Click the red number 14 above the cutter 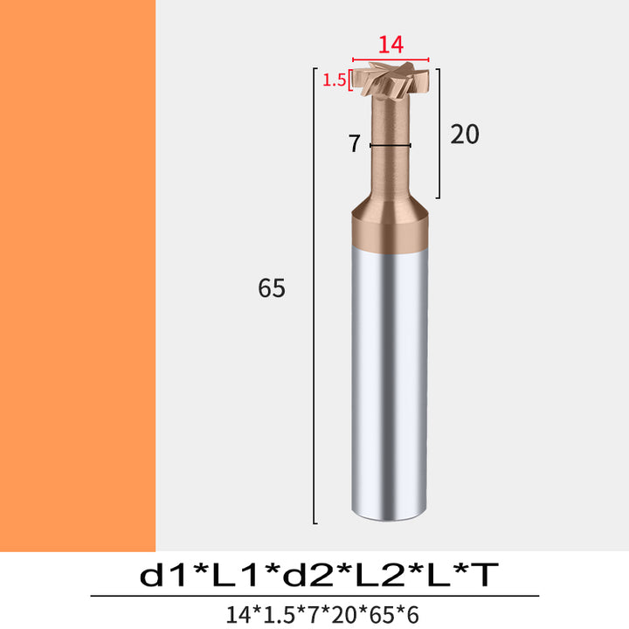point(391,45)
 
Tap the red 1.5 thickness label point(334,80)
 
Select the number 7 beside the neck point(354,144)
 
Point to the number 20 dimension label point(465,135)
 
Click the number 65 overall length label point(272,288)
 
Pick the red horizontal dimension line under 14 point(391,59)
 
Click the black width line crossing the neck point(391,145)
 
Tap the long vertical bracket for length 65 point(314,295)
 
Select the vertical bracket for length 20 point(439,134)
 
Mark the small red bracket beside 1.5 point(350,80)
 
